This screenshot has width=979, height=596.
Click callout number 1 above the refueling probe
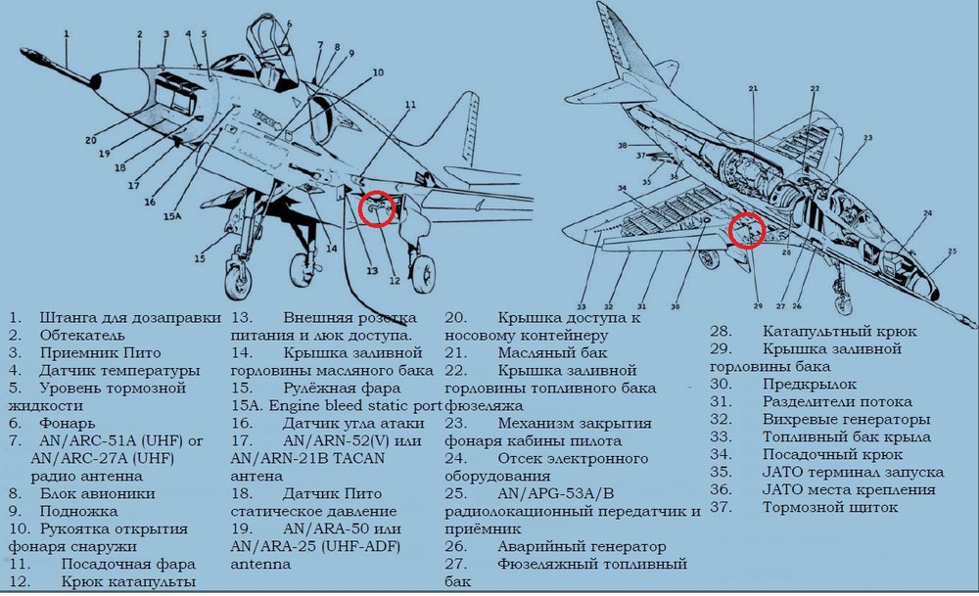[67, 33]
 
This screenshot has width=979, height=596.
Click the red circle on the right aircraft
[747, 231]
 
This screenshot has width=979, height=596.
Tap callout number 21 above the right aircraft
[754, 90]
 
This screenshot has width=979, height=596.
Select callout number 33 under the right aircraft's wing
[581, 304]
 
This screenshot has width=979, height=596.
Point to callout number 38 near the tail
[622, 145]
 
